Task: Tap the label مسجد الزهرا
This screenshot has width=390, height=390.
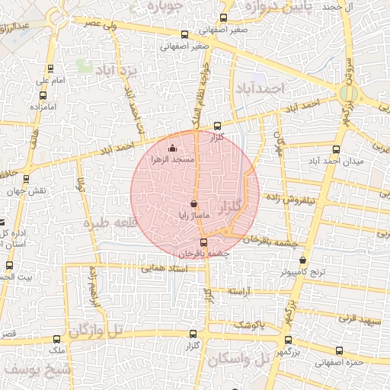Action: click(174, 160)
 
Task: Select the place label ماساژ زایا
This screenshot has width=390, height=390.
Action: click(193, 216)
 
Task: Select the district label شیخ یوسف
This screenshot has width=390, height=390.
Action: click(37, 369)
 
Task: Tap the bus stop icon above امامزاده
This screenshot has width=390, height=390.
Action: click(42, 96)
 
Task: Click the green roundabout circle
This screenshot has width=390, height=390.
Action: click(349, 94)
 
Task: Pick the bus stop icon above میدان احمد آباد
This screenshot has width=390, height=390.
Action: click(337, 149)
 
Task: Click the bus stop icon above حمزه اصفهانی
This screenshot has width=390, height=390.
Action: click(339, 351)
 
